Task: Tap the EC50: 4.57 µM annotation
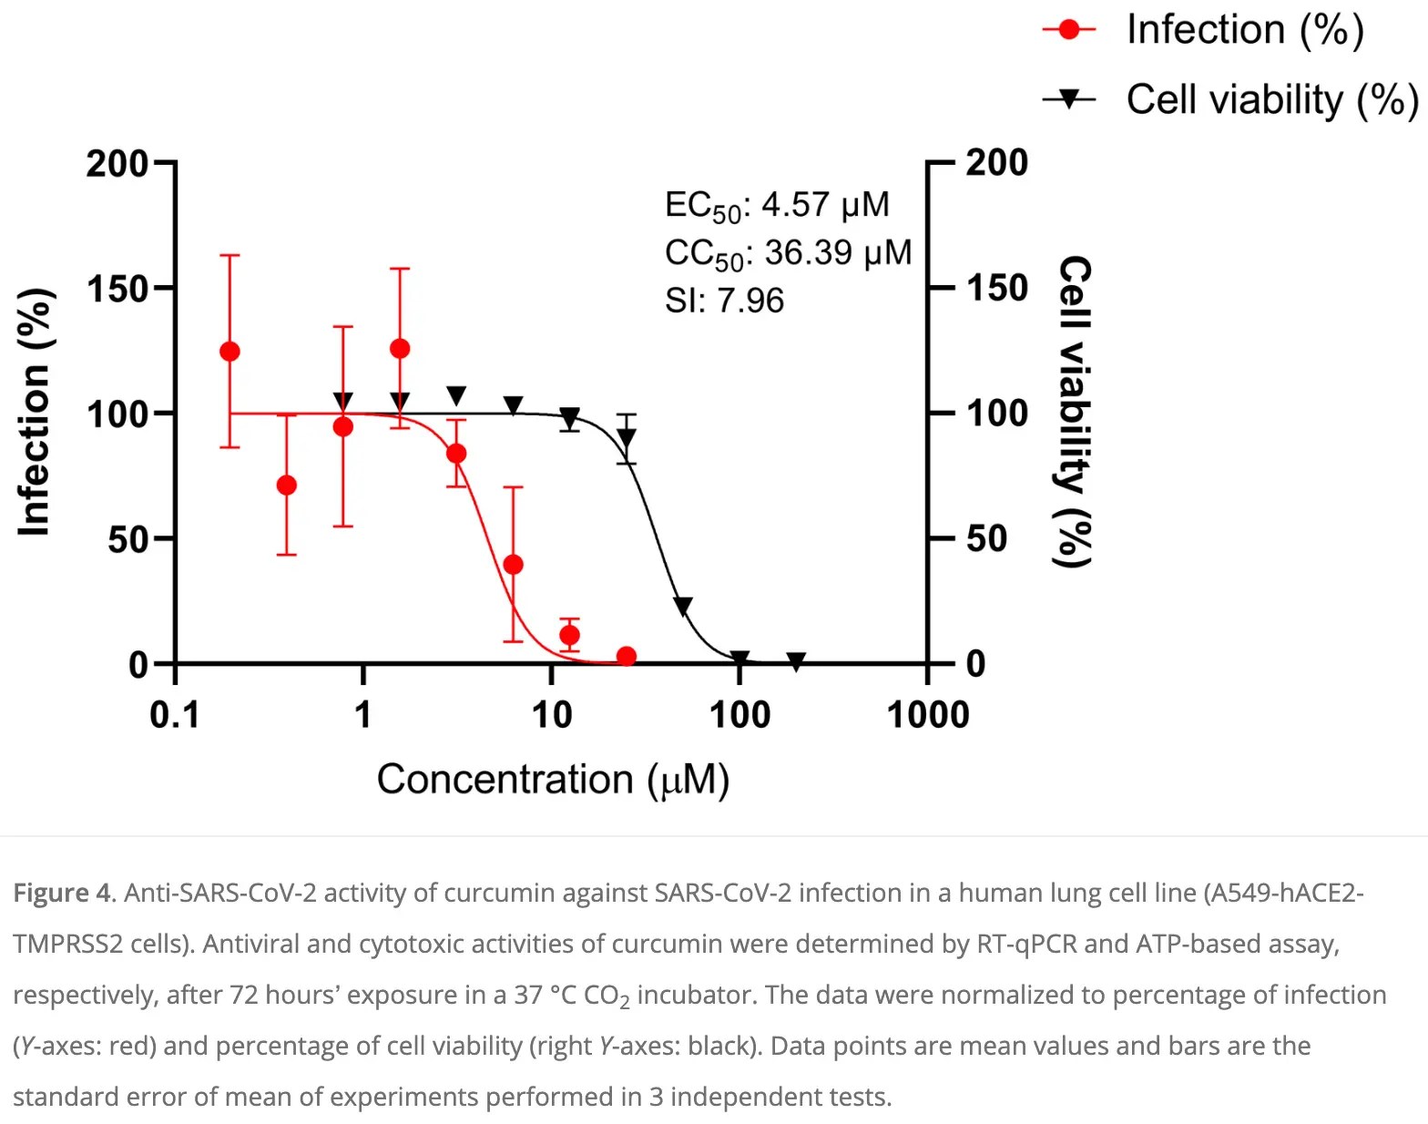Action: (777, 206)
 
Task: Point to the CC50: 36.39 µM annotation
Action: (788, 253)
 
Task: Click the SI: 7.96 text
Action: (724, 301)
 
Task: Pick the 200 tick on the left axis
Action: (117, 165)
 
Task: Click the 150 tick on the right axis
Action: (997, 289)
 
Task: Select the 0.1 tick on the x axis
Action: (174, 715)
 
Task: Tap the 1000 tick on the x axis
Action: (928, 715)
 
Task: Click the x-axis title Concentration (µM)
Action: (553, 780)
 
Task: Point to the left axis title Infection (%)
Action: (34, 413)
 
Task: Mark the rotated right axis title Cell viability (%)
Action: (1074, 412)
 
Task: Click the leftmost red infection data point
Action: (230, 352)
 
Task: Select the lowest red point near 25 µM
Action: (627, 656)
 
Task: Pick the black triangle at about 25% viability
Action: (682, 606)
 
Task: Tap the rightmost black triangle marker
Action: (796, 661)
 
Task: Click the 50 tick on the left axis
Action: (127, 539)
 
